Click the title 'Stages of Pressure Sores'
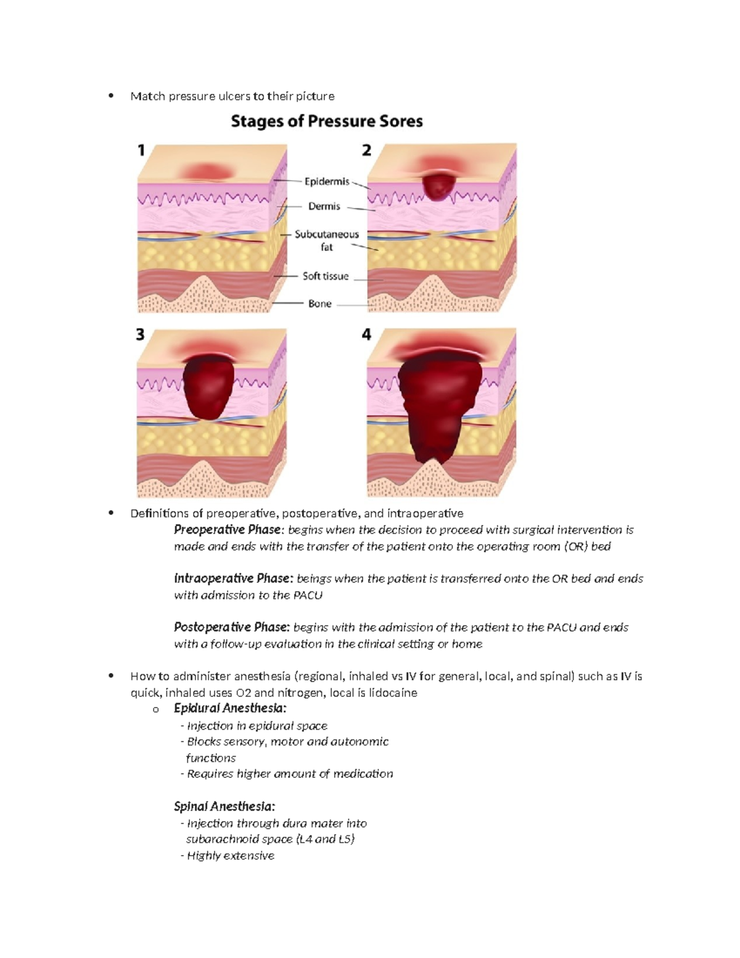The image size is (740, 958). (327, 121)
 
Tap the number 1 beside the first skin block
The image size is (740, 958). (141, 150)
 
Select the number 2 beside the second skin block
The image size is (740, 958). (367, 150)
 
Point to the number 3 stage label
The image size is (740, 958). (141, 334)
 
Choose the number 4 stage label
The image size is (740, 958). (367, 334)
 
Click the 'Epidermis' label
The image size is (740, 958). (327, 181)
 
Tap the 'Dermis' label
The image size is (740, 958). (324, 207)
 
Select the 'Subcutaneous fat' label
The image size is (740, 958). (326, 241)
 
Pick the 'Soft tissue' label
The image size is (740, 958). (326, 276)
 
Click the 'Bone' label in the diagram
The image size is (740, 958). (320, 304)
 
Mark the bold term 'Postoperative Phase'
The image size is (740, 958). (231, 627)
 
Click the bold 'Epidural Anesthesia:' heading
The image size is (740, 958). (230, 708)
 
